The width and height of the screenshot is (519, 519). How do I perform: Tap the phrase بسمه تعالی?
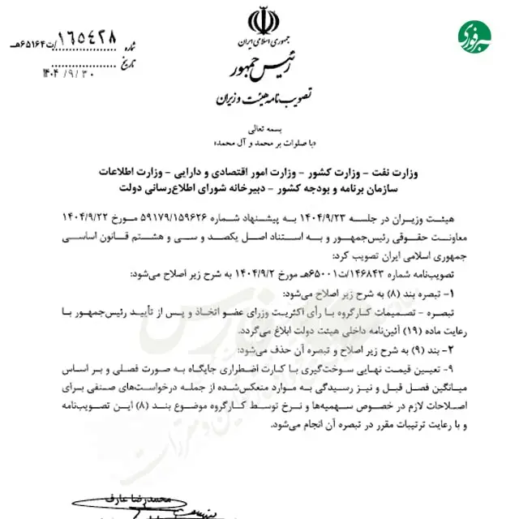[x=260, y=128]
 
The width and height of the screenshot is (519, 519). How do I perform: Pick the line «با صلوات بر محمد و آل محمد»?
[x=260, y=141]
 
